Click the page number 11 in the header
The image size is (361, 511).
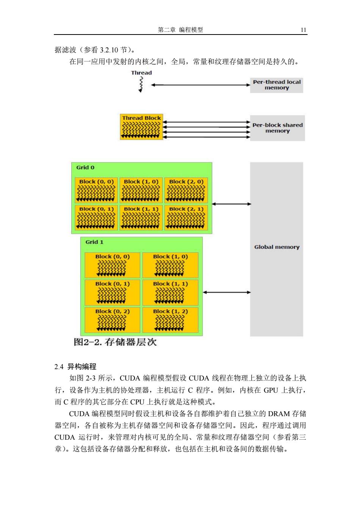point(303,30)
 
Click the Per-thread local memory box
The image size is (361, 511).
point(276,85)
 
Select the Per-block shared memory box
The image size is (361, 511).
point(277,128)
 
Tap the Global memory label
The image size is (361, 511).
point(277,247)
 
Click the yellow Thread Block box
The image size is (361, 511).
point(141,127)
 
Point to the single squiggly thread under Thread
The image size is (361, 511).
point(141,84)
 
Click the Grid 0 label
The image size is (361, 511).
point(85,167)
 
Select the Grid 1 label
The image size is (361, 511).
point(94,242)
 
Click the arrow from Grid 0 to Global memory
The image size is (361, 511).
point(231,204)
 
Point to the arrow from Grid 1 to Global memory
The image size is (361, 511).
point(227,292)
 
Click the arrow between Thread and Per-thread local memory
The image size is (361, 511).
point(201,85)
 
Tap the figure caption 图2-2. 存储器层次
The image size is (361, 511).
point(115,342)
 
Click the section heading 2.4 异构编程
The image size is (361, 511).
point(75,367)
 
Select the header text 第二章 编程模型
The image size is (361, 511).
point(180,30)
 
